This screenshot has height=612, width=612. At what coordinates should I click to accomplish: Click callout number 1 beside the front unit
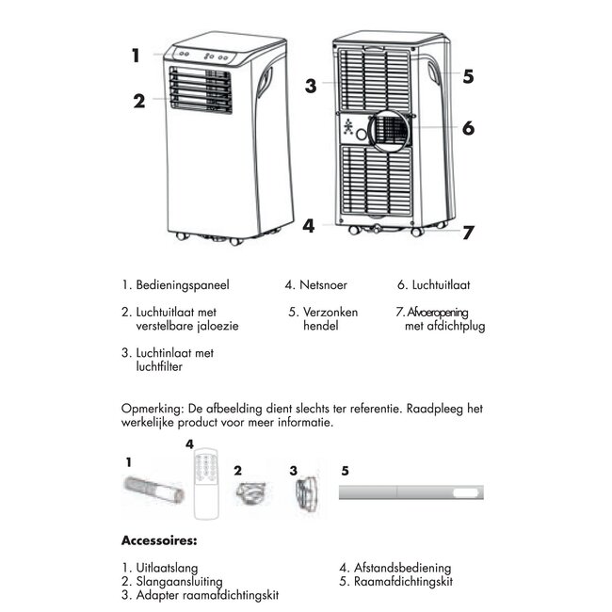point(136,55)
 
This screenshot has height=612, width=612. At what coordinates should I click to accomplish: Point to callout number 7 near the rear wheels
point(468,233)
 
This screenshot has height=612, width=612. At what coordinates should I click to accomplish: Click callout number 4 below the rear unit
point(308,226)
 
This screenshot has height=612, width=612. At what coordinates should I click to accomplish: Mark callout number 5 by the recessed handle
point(468,77)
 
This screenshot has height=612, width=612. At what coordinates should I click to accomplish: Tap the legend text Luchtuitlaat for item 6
point(440,283)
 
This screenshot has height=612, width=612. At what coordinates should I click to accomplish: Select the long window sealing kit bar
point(413,492)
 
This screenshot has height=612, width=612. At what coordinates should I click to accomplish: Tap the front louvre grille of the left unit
point(200,89)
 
